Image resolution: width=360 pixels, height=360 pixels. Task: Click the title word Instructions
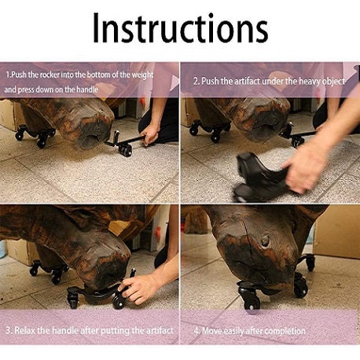click(x=181, y=28)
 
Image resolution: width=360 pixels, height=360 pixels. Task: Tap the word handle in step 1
click(x=87, y=90)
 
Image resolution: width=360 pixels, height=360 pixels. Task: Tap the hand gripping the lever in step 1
click(x=149, y=134)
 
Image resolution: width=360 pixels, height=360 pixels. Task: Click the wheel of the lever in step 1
click(x=125, y=151)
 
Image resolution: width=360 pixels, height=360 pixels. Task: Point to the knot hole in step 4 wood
click(x=266, y=241)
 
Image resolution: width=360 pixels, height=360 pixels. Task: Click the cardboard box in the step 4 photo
click(x=338, y=230)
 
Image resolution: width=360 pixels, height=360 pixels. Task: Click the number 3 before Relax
click(x=8, y=330)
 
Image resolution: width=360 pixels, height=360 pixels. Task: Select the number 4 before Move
click(x=197, y=332)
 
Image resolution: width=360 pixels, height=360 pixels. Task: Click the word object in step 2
click(x=333, y=82)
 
